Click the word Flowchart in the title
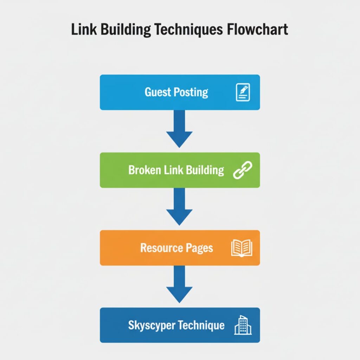click(x=258, y=30)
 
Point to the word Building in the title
click(x=126, y=30)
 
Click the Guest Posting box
click(x=180, y=92)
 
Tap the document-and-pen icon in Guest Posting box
click(x=243, y=92)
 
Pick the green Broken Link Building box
click(x=180, y=170)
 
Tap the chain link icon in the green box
click(x=243, y=170)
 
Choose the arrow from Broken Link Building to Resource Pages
click(x=179, y=207)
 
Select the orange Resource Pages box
click(x=180, y=248)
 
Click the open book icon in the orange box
click(x=242, y=248)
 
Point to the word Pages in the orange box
click(x=199, y=248)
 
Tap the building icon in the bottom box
click(x=243, y=325)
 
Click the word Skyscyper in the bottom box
click(x=151, y=326)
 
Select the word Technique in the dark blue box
click(x=201, y=325)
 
